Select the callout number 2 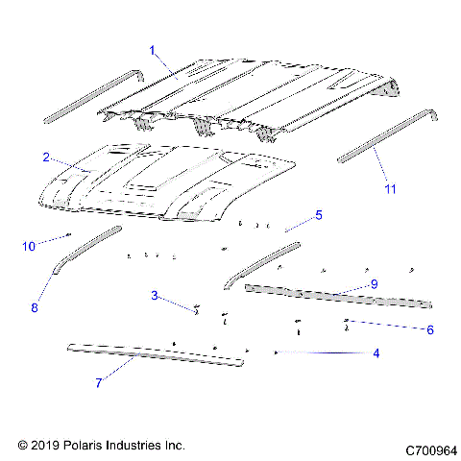(45, 156)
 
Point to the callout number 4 (376, 353)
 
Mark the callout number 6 (429, 329)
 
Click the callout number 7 (98, 383)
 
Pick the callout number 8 (35, 307)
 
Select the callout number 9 (374, 284)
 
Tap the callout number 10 (29, 247)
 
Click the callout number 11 (389, 189)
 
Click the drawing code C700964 (431, 449)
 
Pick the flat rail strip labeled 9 (336, 295)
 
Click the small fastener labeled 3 (196, 310)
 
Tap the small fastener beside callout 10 (69, 235)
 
